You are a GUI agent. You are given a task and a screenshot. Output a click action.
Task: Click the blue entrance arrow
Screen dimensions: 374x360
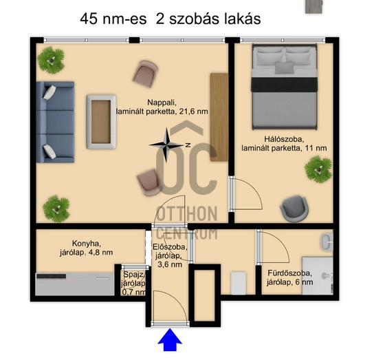(170, 339)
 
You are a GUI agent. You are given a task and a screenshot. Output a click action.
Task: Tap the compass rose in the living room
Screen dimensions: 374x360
(167, 145)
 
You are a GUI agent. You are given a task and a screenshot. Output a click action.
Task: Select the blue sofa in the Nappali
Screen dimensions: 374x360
(55, 122)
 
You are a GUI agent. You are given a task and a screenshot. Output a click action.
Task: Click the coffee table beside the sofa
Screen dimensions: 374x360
(101, 122)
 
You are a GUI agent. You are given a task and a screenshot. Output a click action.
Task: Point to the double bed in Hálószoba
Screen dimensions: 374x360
(285, 87)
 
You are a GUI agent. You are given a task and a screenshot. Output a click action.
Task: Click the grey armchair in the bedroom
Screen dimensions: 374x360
(294, 209)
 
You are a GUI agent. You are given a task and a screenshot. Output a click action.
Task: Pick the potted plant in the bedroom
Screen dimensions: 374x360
(318, 169)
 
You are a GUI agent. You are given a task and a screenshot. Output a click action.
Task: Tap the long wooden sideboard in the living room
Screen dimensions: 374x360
(219, 117)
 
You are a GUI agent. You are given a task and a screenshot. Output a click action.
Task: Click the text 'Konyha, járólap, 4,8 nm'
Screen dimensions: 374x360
(86, 248)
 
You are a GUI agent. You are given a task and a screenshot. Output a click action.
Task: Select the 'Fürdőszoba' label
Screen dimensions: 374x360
(289, 273)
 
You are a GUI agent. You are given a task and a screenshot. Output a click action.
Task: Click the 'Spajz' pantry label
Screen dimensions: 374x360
(133, 275)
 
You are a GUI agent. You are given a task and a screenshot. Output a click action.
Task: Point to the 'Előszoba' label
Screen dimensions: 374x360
(170, 246)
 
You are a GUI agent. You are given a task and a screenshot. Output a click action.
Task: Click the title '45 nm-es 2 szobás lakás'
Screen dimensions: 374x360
(170, 19)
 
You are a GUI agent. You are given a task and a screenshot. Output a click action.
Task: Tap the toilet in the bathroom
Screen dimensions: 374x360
(327, 242)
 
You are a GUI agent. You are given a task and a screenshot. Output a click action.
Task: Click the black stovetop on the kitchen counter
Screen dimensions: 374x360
(52, 276)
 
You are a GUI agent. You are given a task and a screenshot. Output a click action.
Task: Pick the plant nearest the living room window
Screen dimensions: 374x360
(51, 60)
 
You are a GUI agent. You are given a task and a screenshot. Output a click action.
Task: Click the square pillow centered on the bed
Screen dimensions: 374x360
(285, 67)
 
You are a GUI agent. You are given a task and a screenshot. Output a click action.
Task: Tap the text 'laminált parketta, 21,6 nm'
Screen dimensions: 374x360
(162, 112)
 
